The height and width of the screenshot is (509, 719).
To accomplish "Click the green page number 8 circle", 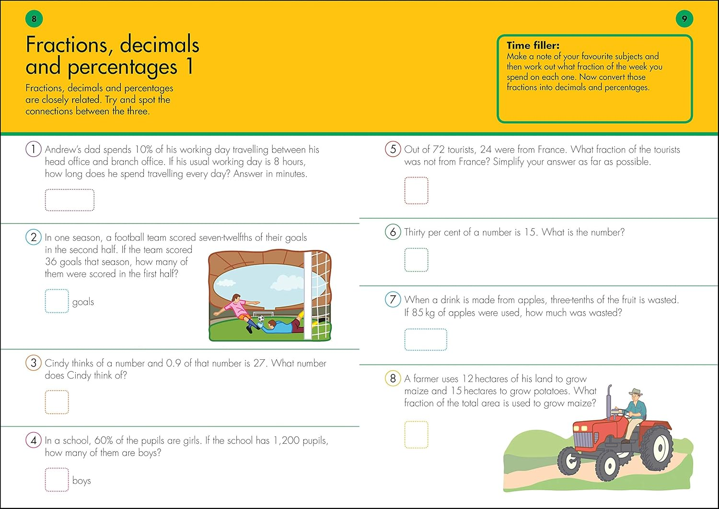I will pyautogui.click(x=34, y=19).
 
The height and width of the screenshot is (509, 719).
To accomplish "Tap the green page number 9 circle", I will pyautogui.click(x=684, y=19).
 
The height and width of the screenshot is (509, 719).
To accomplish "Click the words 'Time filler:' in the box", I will pyautogui.click(x=533, y=46).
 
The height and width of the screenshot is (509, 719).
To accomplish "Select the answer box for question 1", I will pyautogui.click(x=70, y=200).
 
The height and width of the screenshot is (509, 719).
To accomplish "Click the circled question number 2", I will pyautogui.click(x=34, y=237).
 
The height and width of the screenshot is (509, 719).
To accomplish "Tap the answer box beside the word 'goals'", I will pyautogui.click(x=57, y=301).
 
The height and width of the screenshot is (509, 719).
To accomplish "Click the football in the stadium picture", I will pyautogui.click(x=261, y=319).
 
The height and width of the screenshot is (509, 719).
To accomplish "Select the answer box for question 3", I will pyautogui.click(x=57, y=402).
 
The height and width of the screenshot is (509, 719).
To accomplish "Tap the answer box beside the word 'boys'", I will pyautogui.click(x=57, y=480).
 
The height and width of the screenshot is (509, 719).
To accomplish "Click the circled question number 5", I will pyautogui.click(x=393, y=149).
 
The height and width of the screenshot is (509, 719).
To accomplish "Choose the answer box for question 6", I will pyautogui.click(x=416, y=260).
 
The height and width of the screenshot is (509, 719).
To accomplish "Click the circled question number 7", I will pyautogui.click(x=393, y=300).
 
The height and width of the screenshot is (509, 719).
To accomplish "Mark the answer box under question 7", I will pyautogui.click(x=426, y=340).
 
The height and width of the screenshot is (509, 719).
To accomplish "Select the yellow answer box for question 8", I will pyautogui.click(x=416, y=435).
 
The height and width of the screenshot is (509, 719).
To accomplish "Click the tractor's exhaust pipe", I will pyautogui.click(x=609, y=403).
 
